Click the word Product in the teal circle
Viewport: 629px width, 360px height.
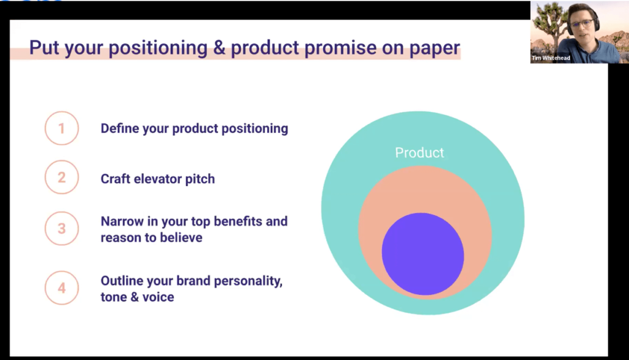(x=420, y=152)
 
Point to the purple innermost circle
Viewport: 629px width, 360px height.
(x=423, y=254)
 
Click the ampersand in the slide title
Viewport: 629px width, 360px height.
(x=219, y=48)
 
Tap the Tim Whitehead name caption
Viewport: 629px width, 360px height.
(x=551, y=58)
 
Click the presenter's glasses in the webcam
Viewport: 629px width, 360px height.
(x=581, y=24)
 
